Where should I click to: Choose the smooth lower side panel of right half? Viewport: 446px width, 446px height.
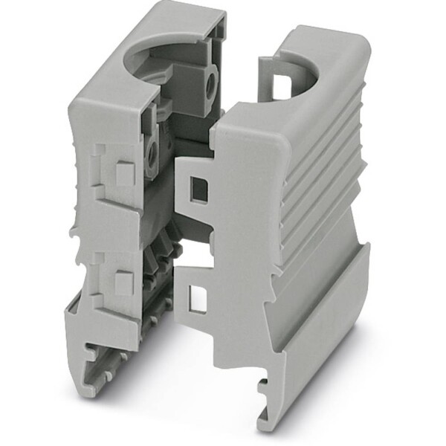coord(327,320)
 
